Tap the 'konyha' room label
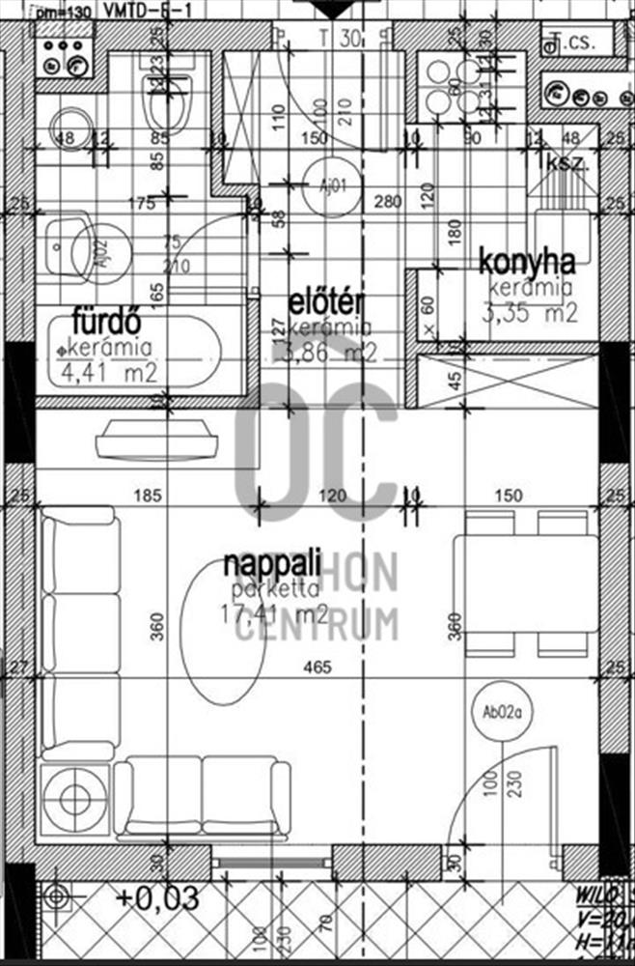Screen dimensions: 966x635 tap(527, 261)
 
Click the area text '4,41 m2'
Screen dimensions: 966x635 tap(108, 373)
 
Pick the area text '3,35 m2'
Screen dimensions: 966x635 tap(532, 313)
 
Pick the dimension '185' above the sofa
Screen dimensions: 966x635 tap(147, 497)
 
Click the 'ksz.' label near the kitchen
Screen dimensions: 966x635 tap(567, 162)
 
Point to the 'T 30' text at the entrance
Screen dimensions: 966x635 tap(340, 40)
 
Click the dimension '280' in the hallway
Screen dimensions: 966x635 tap(386, 202)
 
